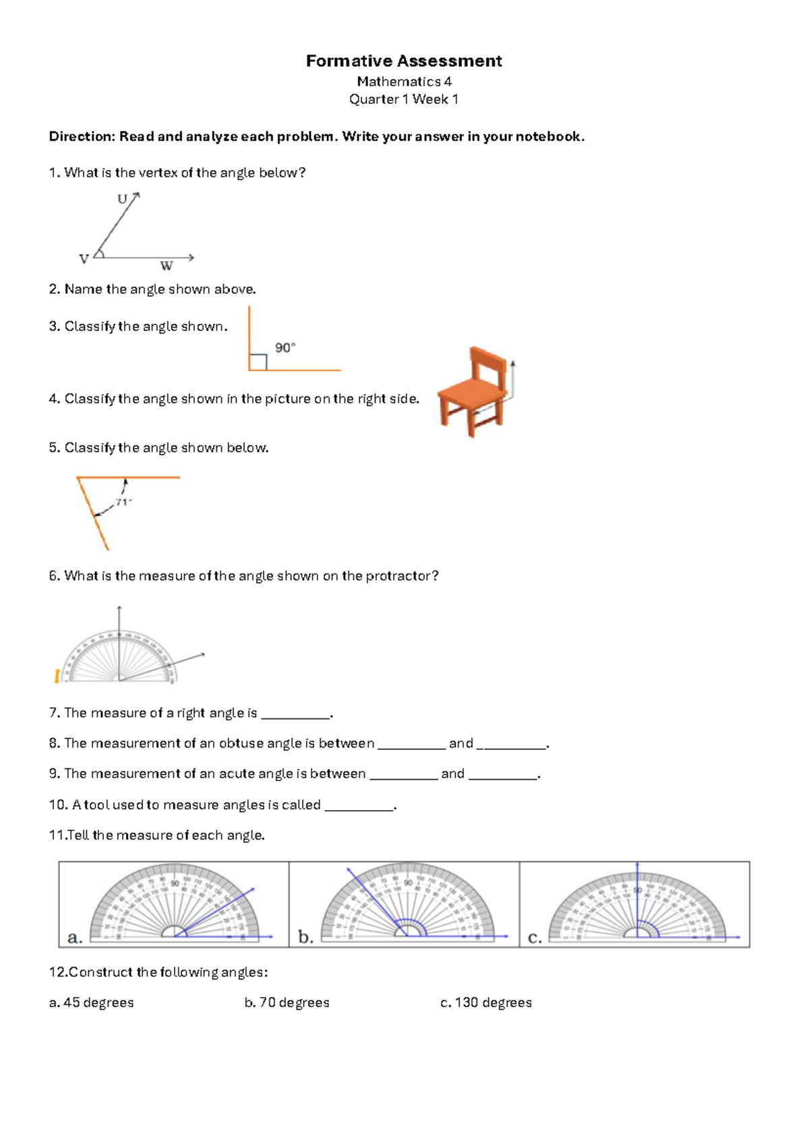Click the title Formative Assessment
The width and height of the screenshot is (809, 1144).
(403, 61)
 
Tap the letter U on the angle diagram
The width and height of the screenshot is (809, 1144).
(122, 199)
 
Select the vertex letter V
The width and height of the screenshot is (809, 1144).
(84, 259)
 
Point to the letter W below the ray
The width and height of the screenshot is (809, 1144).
(166, 266)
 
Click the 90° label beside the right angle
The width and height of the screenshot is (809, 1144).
(284, 347)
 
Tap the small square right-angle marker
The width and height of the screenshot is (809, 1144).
(258, 362)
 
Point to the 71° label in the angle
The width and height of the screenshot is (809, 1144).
(123, 502)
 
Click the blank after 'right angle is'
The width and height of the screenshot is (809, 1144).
(295, 714)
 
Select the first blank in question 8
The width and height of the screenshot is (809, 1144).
(411, 744)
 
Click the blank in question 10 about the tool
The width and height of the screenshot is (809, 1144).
(359, 805)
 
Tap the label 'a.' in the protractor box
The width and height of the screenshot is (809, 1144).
(75, 937)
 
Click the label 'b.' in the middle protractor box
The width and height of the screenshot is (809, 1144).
(305, 937)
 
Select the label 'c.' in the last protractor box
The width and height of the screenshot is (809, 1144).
(535, 937)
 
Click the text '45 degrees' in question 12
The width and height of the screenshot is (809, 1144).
(98, 1002)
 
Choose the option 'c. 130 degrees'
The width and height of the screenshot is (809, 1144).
(485, 1002)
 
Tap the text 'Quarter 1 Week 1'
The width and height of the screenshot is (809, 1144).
(403, 99)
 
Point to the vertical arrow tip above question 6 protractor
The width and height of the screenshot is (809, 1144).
(119, 608)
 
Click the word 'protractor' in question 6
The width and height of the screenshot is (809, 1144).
(397, 576)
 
